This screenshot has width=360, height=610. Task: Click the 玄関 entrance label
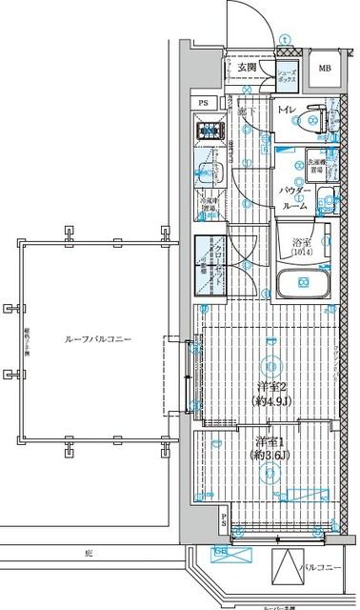(248, 68)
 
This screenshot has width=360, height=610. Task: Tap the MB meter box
(325, 68)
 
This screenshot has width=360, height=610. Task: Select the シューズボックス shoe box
(287, 77)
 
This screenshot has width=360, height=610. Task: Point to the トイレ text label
(286, 111)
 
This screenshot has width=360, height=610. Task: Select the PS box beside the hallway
(203, 103)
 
